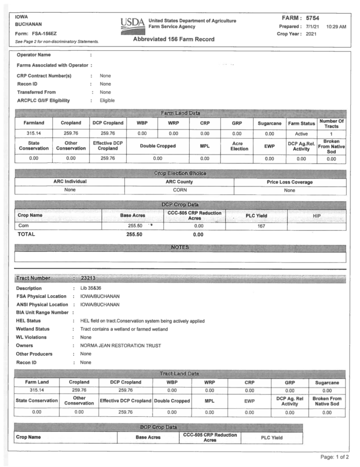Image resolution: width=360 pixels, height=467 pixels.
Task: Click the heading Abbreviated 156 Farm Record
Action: click(x=174, y=39)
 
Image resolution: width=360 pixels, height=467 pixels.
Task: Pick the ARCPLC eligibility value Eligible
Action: click(x=107, y=101)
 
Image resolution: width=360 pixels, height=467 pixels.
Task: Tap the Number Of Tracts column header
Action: click(x=331, y=123)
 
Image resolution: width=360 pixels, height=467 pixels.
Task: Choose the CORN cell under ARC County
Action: click(x=179, y=190)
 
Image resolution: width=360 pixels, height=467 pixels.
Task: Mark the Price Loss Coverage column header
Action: click(x=290, y=182)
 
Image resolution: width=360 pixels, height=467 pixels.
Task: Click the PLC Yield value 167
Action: click(x=261, y=226)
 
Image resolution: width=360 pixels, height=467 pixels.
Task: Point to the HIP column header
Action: click(x=316, y=215)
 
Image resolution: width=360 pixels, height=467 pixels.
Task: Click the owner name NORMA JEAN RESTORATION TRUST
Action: click(x=117, y=345)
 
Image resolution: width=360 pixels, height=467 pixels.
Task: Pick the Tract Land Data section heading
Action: click(x=180, y=373)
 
